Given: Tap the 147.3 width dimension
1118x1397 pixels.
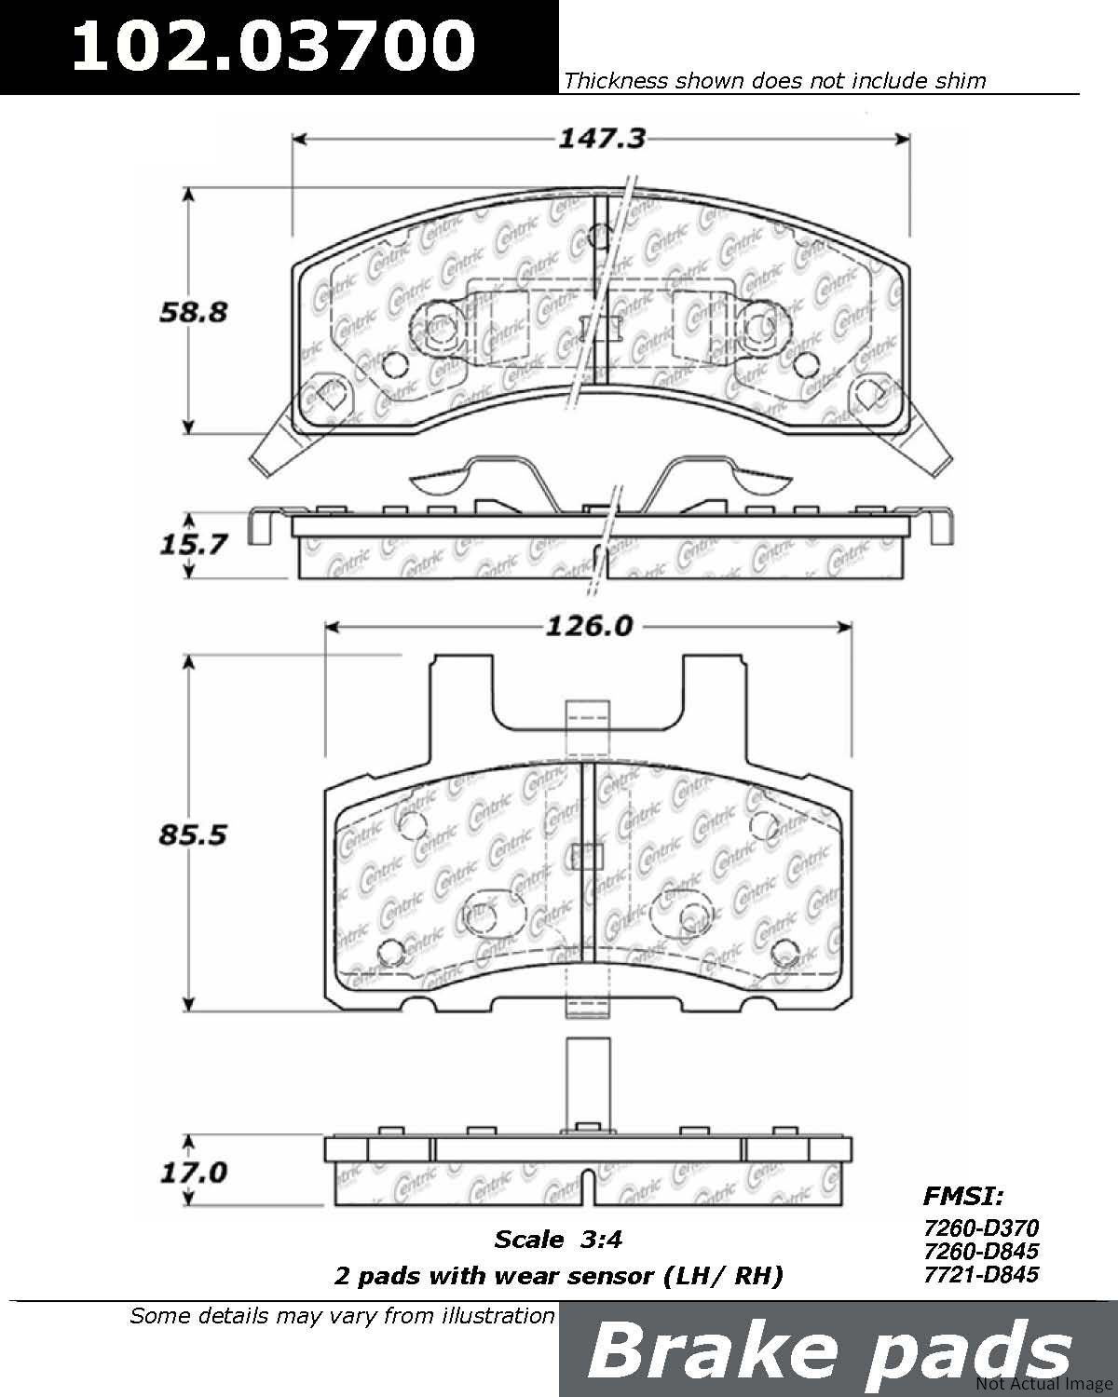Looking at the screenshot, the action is click(x=602, y=138).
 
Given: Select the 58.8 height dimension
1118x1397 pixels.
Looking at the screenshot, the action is click(x=194, y=312).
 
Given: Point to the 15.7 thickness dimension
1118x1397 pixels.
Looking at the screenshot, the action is click(x=194, y=544).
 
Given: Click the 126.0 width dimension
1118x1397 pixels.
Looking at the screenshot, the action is click(x=589, y=627).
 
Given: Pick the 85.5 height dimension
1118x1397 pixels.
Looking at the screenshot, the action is click(x=193, y=834).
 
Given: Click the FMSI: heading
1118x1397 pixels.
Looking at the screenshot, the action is click(x=963, y=1196).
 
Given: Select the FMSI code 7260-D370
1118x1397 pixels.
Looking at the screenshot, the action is click(x=981, y=1227).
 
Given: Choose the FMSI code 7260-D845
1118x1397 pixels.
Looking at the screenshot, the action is click(x=981, y=1251).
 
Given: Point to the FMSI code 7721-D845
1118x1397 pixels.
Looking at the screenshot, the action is click(x=981, y=1274).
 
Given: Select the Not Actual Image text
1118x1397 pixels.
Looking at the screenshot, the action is click(x=1045, y=1384).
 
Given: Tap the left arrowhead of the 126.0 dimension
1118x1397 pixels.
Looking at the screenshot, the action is click(x=333, y=627).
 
